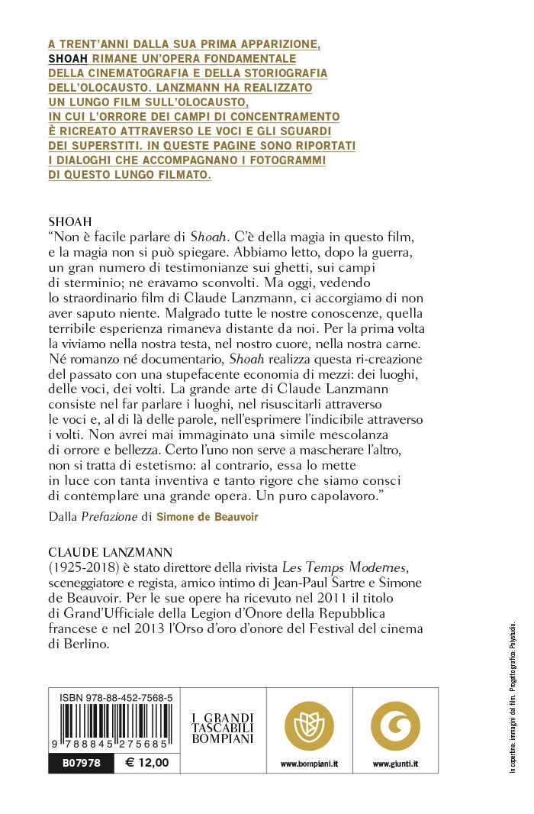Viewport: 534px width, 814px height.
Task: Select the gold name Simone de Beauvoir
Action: (207, 517)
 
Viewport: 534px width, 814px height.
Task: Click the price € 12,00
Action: (146, 762)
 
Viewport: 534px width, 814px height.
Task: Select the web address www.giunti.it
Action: (395, 763)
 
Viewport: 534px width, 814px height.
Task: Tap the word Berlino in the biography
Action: (88, 644)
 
